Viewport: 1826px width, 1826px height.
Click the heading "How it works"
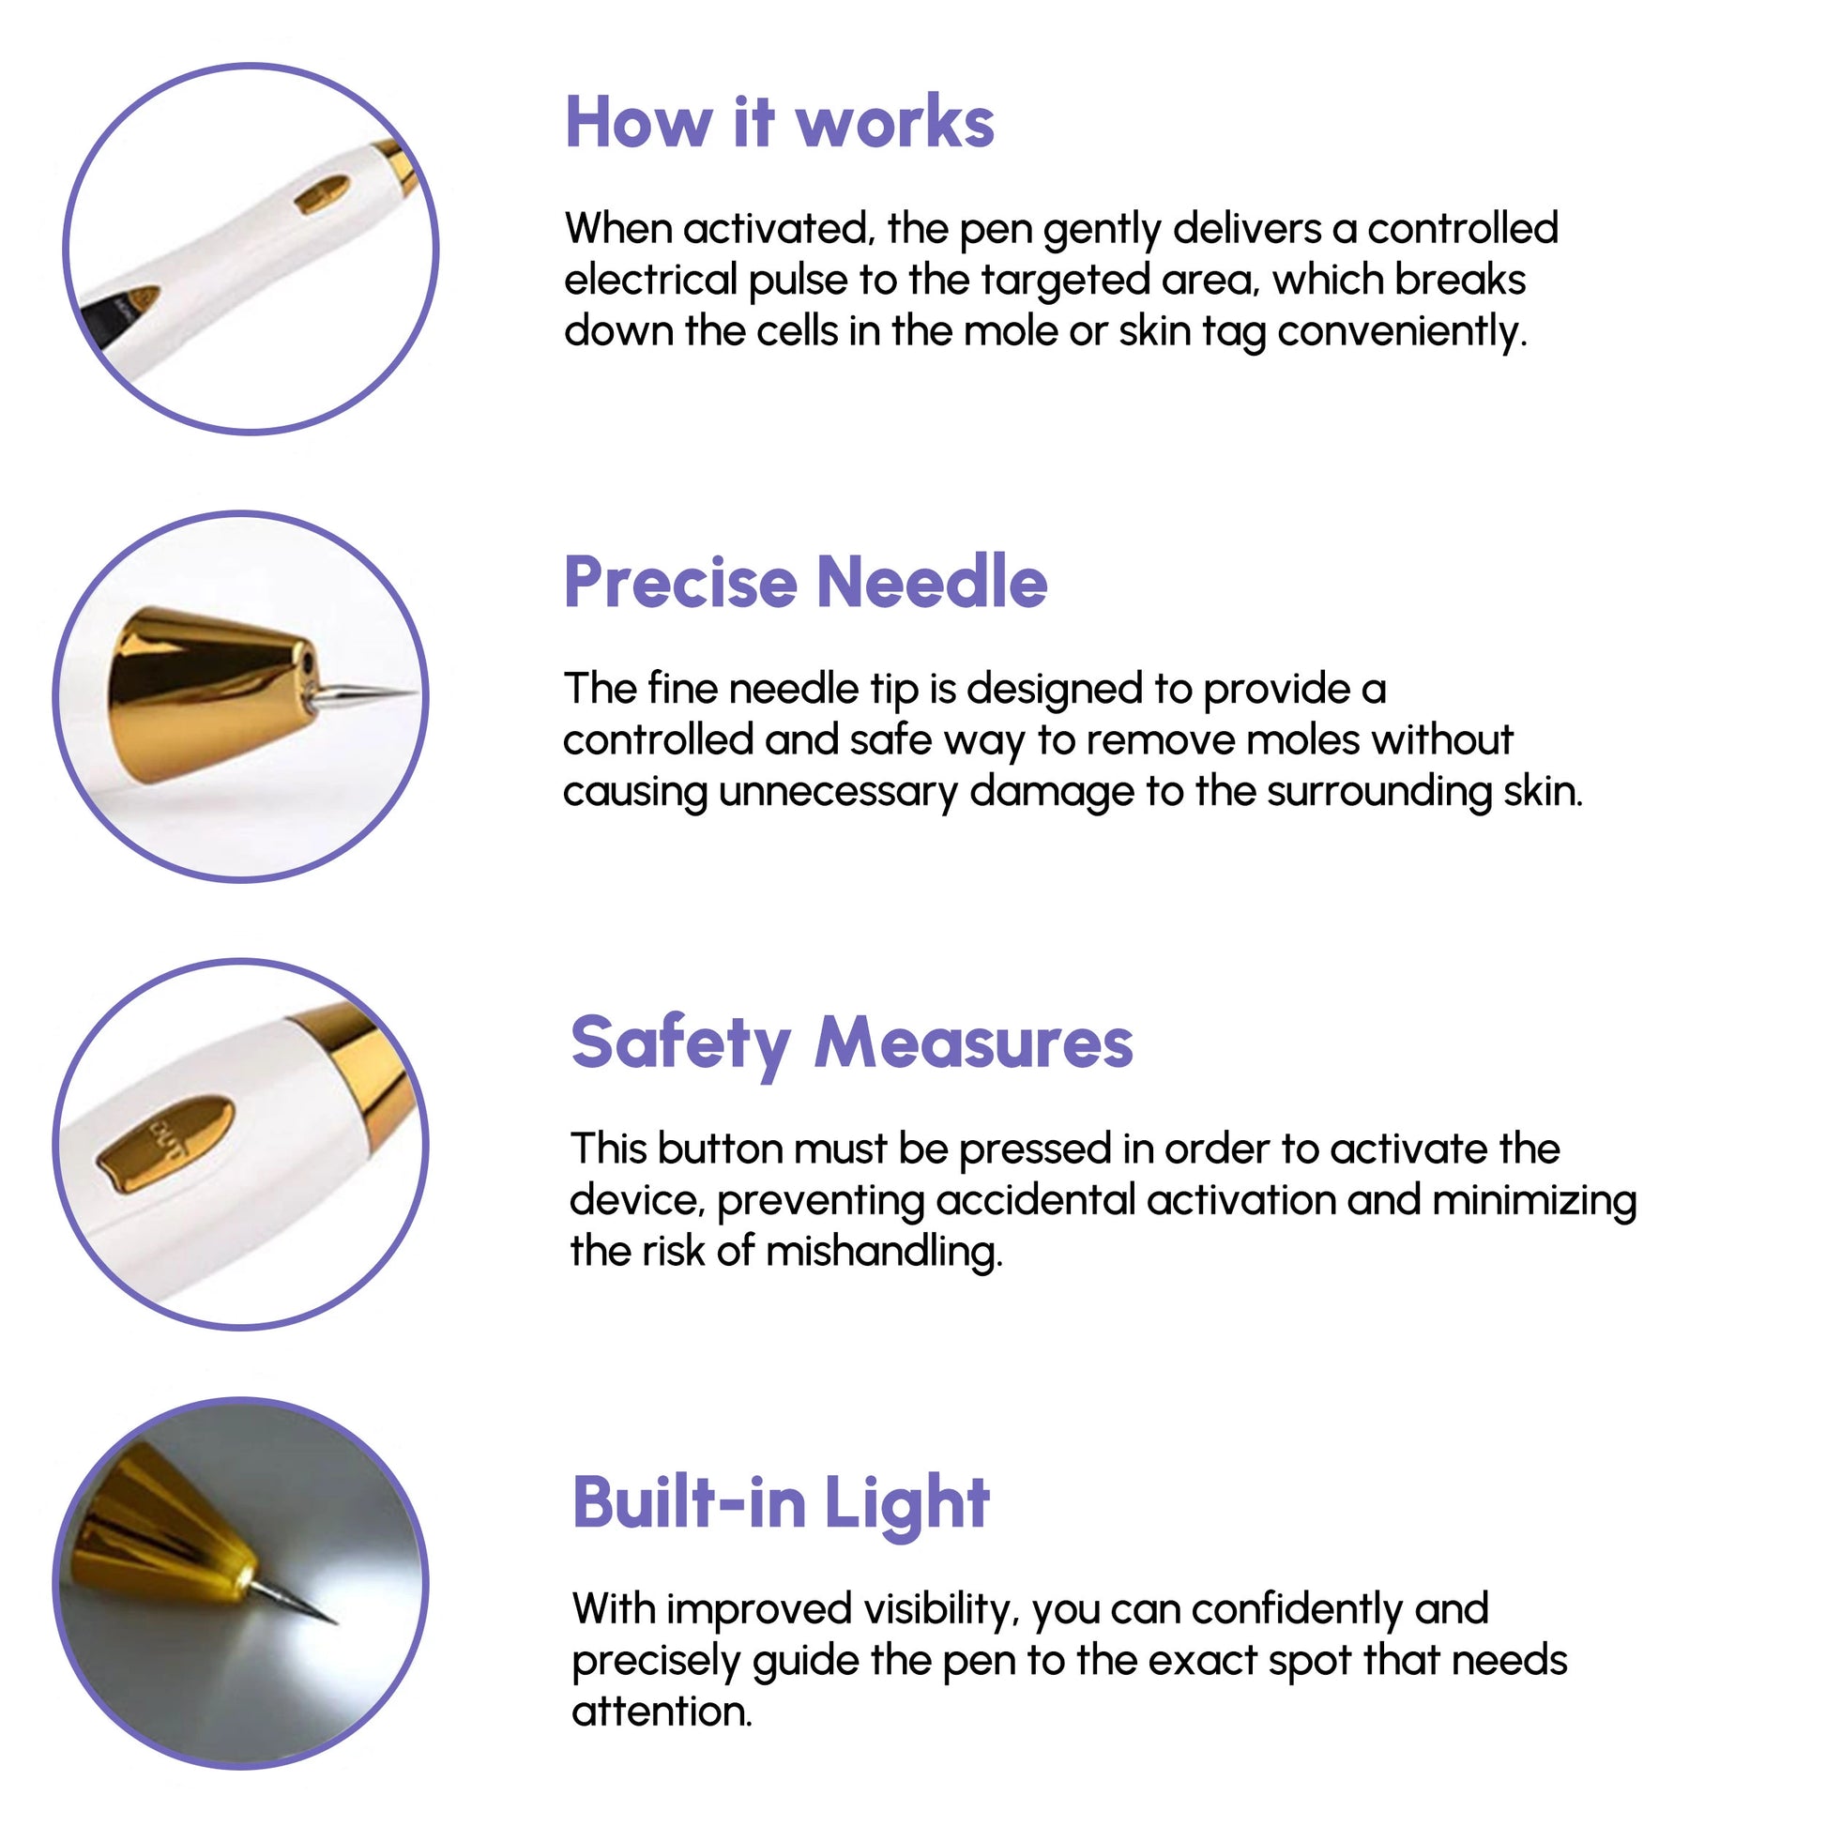pyautogui.click(x=780, y=123)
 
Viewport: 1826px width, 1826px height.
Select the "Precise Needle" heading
pyautogui.click(x=805, y=582)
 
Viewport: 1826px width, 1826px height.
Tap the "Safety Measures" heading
pyautogui.click(x=852, y=1044)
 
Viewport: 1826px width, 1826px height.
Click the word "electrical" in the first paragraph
pyautogui.click(x=650, y=281)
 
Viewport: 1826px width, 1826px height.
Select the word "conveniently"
pyautogui.click(x=1402, y=333)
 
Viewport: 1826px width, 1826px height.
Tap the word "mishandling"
pyautogui.click(x=884, y=1253)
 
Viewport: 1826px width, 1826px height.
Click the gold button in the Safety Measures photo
pyautogui.click(x=166, y=1145)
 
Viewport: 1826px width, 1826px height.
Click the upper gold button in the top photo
pyautogui.click(x=322, y=194)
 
